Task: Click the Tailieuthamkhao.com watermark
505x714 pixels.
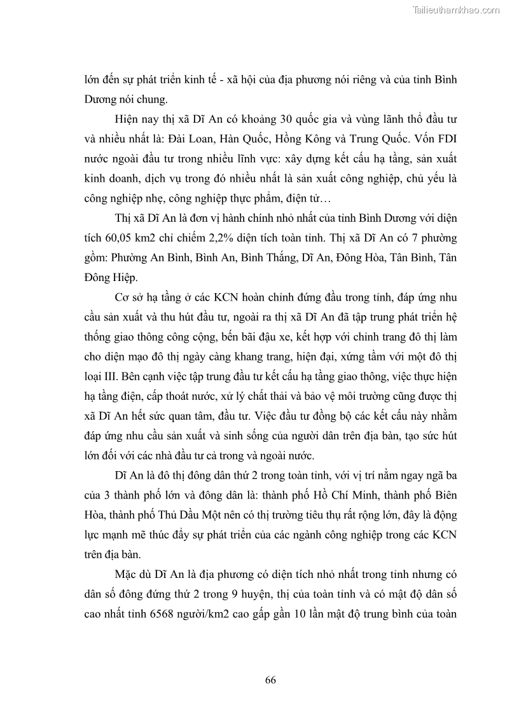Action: point(456,10)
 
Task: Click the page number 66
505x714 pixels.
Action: point(270,680)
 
